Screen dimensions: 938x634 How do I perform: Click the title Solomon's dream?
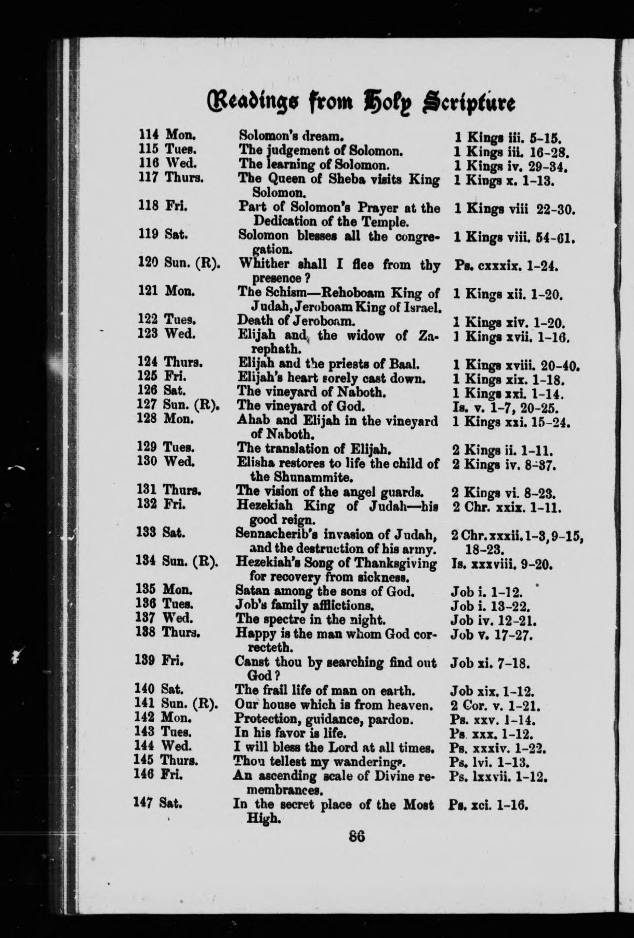pyautogui.click(x=290, y=137)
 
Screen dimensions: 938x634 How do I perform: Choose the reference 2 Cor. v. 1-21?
pyautogui.click(x=496, y=706)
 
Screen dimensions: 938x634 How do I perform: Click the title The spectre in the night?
pyautogui.click(x=310, y=619)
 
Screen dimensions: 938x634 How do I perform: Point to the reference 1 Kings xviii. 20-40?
pyautogui.click(x=517, y=365)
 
